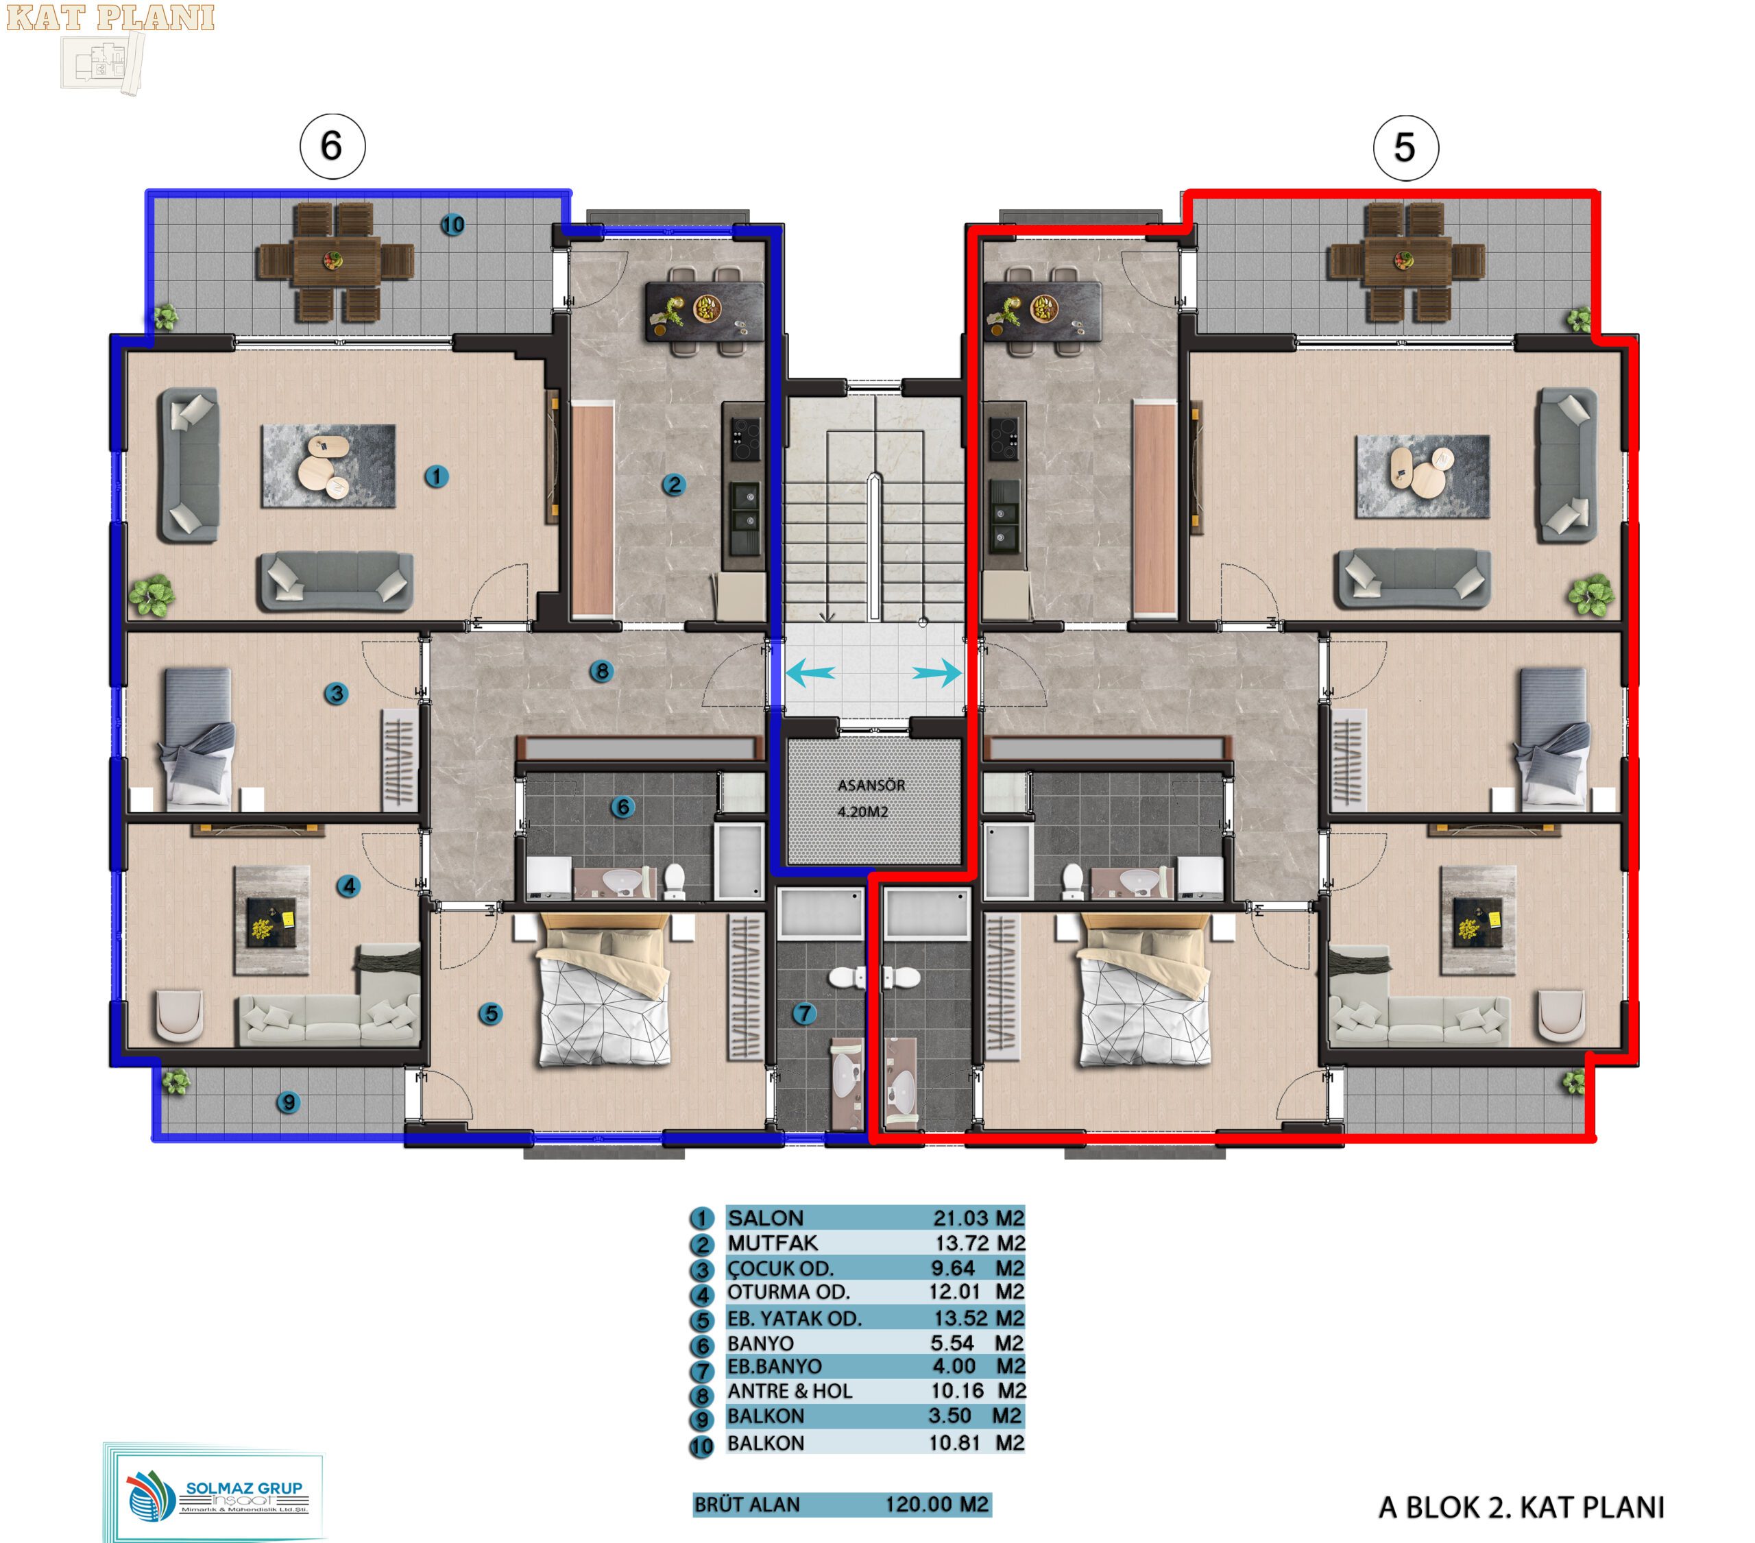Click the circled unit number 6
[x=332, y=147]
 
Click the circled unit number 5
[x=1405, y=147]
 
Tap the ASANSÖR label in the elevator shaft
[x=871, y=785]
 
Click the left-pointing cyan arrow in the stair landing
[x=810, y=672]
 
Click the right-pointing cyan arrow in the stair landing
[x=936, y=672]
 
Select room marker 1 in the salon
[x=436, y=476]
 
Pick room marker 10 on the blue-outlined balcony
[x=452, y=225]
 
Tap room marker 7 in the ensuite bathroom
[x=803, y=1013]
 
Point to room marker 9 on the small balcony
[x=288, y=1102]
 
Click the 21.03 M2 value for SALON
[x=979, y=1217]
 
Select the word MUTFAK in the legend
[x=773, y=1243]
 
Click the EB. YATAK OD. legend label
[x=795, y=1318]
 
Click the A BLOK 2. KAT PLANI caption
[x=1521, y=1507]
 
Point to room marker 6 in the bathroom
[x=622, y=807]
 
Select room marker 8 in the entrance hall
[x=601, y=672]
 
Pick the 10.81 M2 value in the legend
[x=976, y=1442]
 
